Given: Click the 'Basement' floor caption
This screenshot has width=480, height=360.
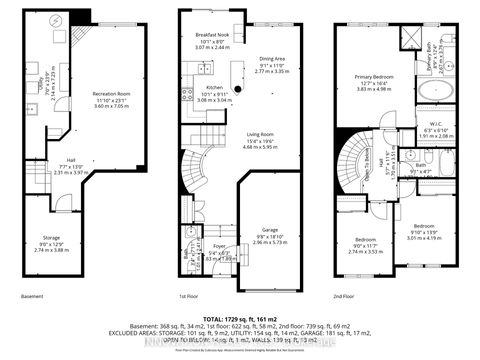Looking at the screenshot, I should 32,297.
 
